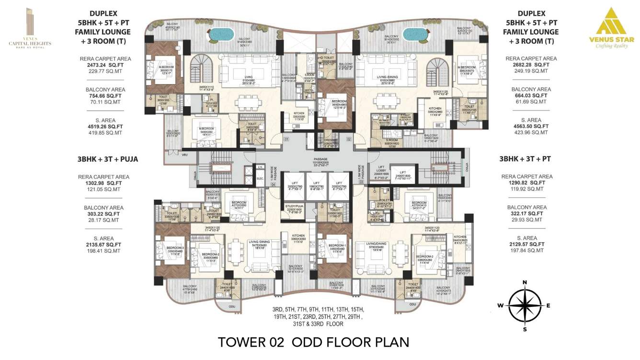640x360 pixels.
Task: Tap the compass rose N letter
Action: [525, 282]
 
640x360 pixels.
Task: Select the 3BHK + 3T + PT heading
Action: [526, 159]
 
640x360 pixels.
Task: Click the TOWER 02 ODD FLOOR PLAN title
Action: [314, 342]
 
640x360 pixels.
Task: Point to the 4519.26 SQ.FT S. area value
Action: [103, 126]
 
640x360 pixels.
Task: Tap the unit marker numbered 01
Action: [286, 140]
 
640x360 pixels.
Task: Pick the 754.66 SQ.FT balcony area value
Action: [103, 95]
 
